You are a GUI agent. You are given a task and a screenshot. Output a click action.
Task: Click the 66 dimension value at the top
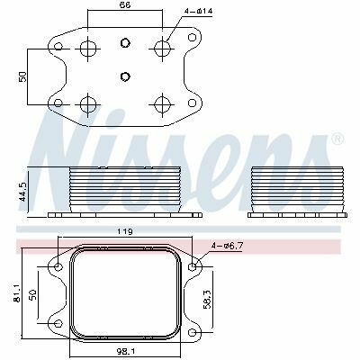pos(125,4)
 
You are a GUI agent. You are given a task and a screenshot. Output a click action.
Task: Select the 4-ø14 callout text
pos(198,12)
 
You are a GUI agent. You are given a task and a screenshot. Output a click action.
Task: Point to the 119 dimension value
pos(125,231)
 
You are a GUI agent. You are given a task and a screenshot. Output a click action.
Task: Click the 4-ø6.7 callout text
pos(227,246)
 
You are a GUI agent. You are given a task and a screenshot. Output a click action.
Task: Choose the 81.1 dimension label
pos(17,292)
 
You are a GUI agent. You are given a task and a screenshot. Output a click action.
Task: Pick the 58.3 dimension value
pos(208,299)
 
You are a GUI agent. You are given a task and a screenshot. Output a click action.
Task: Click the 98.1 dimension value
pos(125,350)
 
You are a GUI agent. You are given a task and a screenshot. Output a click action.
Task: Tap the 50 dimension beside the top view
pos(23,76)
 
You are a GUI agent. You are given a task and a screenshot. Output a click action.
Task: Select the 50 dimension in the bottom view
pos(32,294)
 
